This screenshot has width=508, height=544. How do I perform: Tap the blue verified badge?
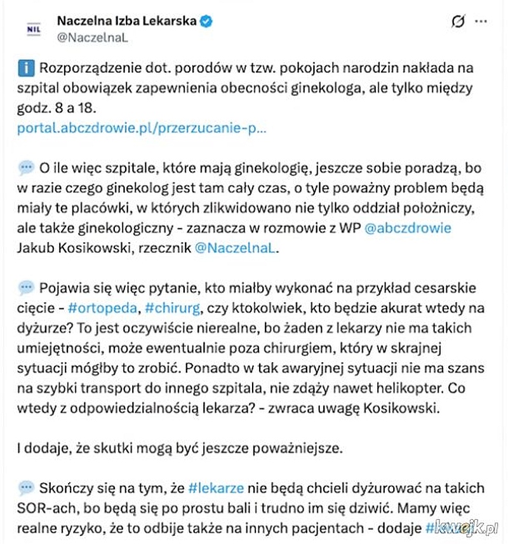coord(206,22)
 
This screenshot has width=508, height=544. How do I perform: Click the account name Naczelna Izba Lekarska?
coord(126,22)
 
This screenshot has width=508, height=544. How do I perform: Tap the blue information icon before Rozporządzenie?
coord(27,68)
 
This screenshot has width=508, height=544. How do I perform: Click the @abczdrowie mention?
coord(408,228)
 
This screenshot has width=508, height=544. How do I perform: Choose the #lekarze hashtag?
coord(217,488)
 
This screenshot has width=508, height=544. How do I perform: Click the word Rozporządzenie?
coord(86,68)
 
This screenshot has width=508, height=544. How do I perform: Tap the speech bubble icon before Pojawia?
coord(27,288)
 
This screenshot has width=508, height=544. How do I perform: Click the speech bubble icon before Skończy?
coord(27,488)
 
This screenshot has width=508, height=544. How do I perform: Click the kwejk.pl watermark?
coord(466,527)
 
